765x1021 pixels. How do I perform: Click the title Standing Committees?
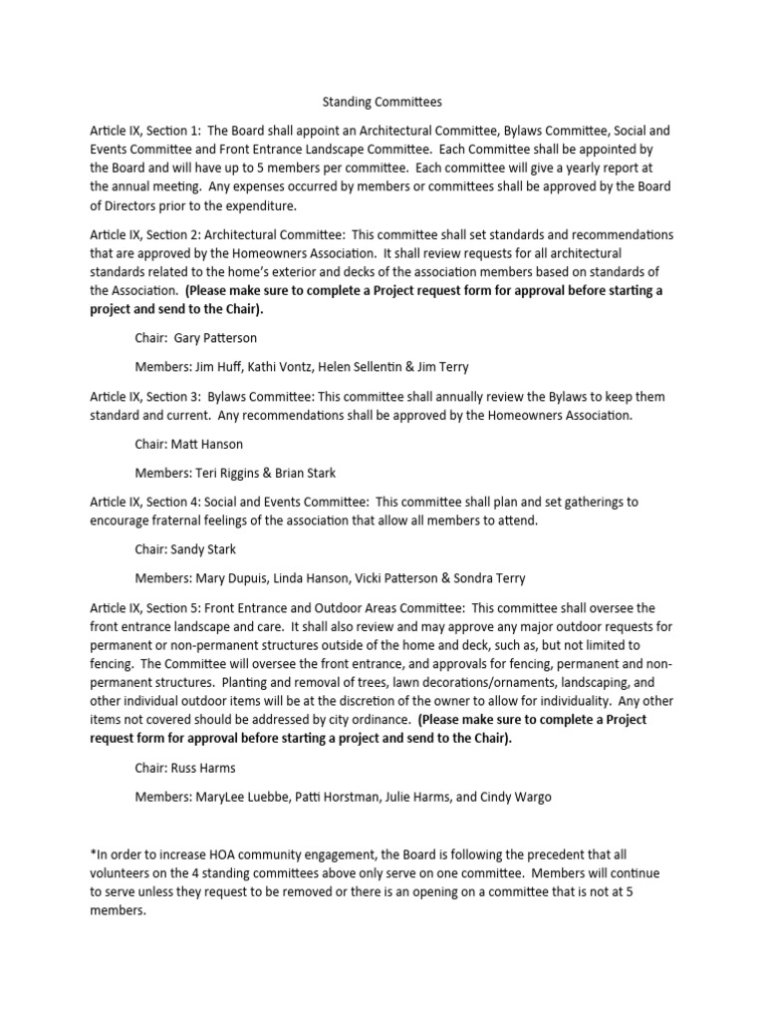[x=382, y=102]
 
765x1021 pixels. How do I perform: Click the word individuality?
[x=560, y=701]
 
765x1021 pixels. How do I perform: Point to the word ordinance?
[x=373, y=720]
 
